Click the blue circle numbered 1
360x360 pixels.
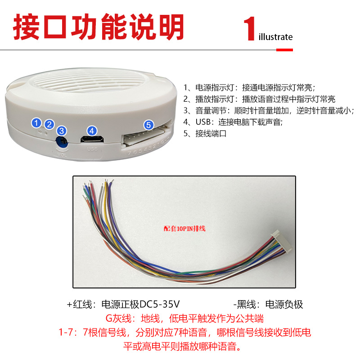(37, 122)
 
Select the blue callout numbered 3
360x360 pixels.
(62, 131)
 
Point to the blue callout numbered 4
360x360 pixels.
(92, 130)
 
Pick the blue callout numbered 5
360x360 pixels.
(148, 126)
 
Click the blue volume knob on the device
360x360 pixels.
(63, 142)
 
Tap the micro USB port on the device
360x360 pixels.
(92, 139)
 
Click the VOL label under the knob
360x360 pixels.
(63, 154)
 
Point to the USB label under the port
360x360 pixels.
(92, 148)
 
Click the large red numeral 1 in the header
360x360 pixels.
(250, 30)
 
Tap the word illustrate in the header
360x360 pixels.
(276, 37)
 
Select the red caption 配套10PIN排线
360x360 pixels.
(184, 228)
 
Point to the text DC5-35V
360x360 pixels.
(160, 304)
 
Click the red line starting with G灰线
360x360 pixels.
(184, 319)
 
